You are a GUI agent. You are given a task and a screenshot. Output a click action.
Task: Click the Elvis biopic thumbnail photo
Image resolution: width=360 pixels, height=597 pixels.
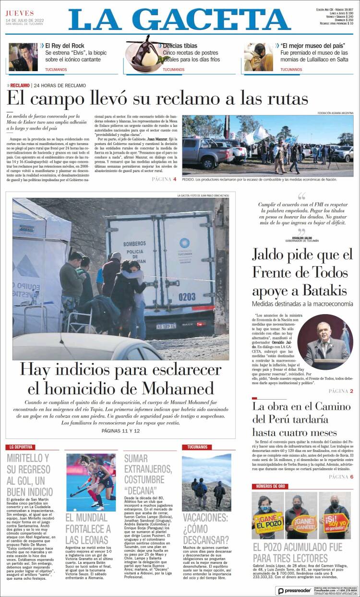[23, 57]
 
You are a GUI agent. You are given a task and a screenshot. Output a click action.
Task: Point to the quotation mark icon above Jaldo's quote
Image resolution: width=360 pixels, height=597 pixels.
[301, 196]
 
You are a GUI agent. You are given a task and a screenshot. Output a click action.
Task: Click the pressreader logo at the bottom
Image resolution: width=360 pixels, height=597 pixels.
[295, 591]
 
